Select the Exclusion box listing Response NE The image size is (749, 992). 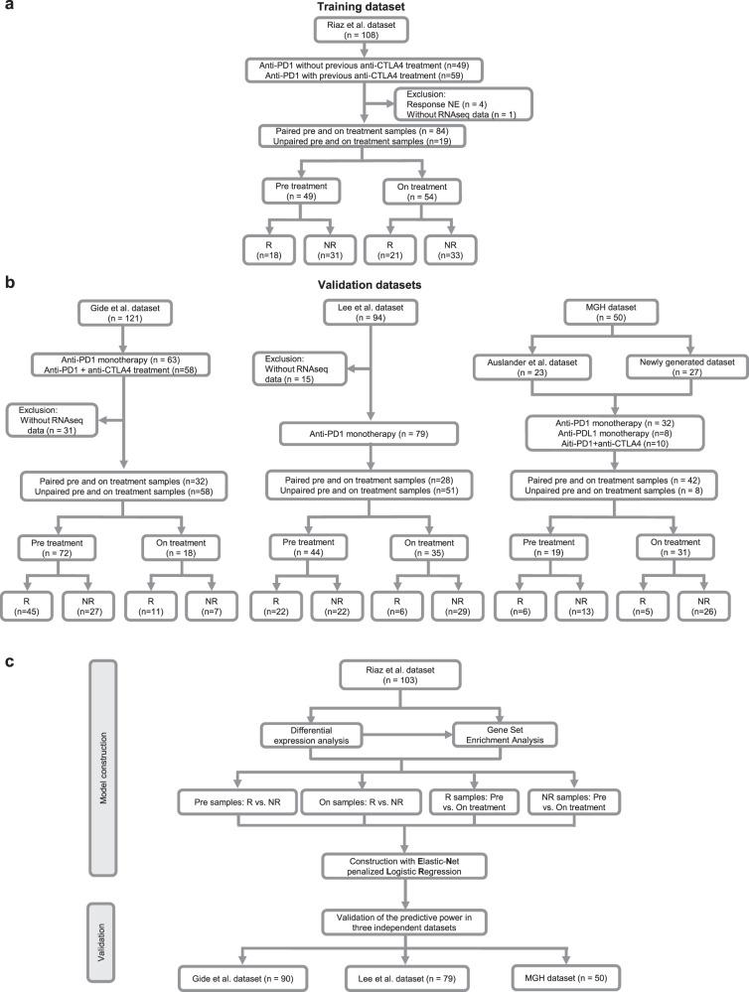tap(465, 103)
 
